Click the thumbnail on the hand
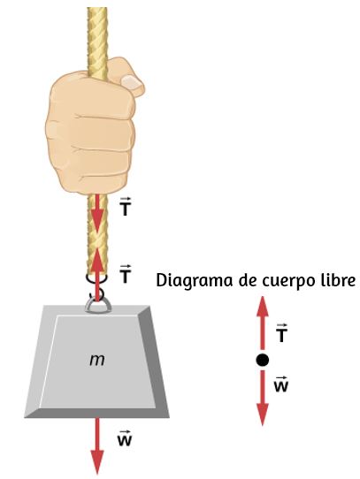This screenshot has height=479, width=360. (x=131, y=82)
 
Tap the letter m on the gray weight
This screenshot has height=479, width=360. (x=97, y=361)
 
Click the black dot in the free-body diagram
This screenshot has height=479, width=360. (x=262, y=360)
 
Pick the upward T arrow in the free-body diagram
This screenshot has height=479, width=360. (x=262, y=323)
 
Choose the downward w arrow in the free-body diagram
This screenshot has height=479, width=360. (x=262, y=398)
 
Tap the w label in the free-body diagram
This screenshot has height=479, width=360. (x=281, y=384)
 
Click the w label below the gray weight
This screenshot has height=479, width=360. (x=125, y=438)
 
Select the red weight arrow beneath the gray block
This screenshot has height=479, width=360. (x=97, y=445)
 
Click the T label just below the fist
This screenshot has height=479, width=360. (x=125, y=207)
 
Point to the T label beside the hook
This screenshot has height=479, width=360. (x=125, y=274)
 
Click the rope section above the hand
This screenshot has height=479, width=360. (x=97, y=42)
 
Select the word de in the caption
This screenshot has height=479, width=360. (x=248, y=280)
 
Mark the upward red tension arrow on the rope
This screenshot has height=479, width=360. (x=97, y=274)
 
